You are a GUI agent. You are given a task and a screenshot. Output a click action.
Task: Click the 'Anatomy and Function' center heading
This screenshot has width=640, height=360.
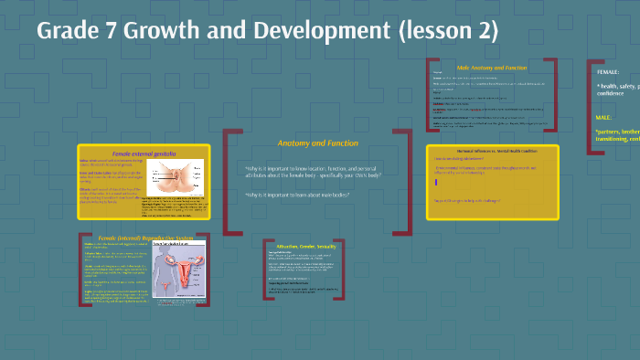coord(317,143)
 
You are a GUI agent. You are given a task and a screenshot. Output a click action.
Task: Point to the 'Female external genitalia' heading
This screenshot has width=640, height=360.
coord(144,154)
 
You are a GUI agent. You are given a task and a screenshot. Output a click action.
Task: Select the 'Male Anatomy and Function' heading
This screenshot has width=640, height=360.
coord(493,67)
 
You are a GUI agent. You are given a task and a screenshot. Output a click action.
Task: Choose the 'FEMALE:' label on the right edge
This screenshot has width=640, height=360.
coord(608,71)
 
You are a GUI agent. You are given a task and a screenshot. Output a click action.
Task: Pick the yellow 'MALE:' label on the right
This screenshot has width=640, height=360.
coord(604,118)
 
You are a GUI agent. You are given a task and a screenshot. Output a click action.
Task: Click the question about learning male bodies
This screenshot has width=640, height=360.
coord(297,195)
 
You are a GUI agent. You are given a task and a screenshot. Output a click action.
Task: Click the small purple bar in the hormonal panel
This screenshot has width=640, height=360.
coord(436,183)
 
